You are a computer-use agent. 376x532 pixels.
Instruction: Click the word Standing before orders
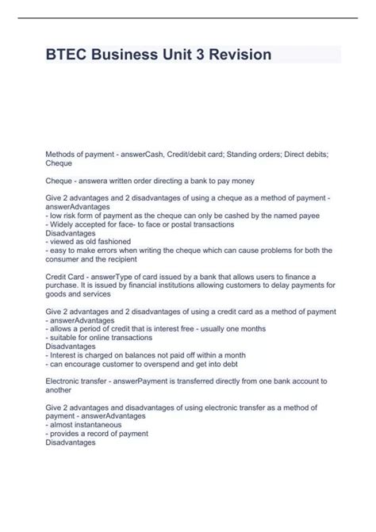246,152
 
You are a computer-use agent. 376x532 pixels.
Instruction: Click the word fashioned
107,243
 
